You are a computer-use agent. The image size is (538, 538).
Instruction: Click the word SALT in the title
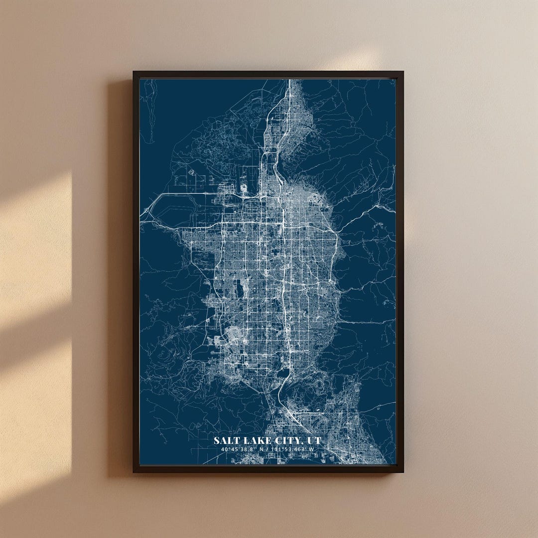225,441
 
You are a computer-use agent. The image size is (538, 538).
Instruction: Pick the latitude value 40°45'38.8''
238,449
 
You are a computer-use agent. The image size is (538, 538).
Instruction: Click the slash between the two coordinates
269,449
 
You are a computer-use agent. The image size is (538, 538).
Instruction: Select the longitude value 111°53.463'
288,449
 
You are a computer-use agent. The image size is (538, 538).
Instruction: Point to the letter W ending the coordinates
311,449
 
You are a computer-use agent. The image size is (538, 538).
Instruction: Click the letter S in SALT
217,441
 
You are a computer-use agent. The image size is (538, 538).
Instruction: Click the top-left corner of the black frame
134,72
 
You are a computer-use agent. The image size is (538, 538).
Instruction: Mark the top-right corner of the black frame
403,72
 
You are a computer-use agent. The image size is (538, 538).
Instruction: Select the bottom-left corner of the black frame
134,471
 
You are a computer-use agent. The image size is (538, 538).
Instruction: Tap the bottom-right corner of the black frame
403,471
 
